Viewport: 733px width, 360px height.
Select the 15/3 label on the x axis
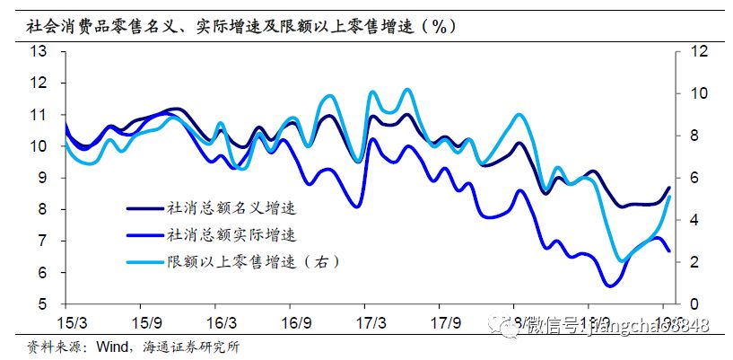[71, 321]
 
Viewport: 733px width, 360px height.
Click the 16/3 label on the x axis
[222, 321]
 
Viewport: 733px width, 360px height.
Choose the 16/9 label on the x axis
[297, 321]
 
